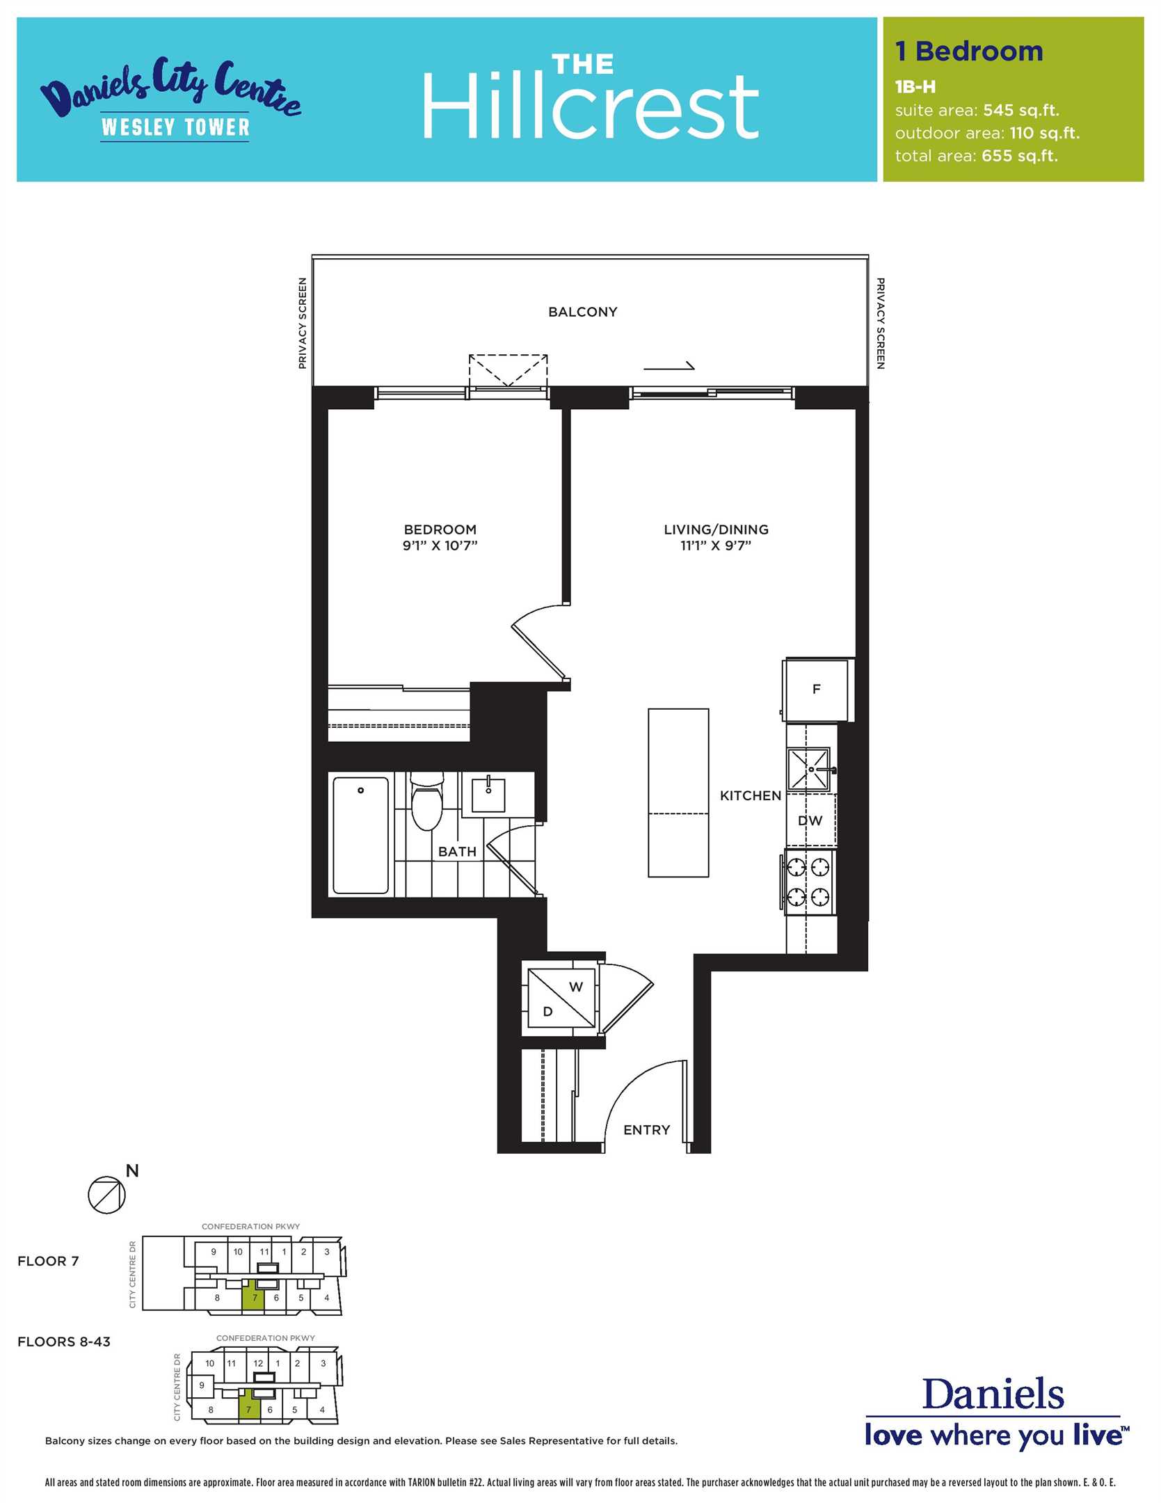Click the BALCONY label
tap(582, 312)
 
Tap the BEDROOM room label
tap(440, 530)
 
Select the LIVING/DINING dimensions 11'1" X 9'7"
tap(716, 546)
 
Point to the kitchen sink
tap(809, 770)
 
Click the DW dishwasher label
tap(810, 820)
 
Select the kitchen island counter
tap(678, 793)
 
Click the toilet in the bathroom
tap(426, 802)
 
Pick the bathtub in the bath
tap(361, 835)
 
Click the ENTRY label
tap(647, 1130)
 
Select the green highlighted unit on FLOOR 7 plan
tap(254, 1298)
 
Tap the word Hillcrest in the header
tap(590, 106)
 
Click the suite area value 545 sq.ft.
tap(1021, 111)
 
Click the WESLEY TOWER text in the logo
tap(175, 127)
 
